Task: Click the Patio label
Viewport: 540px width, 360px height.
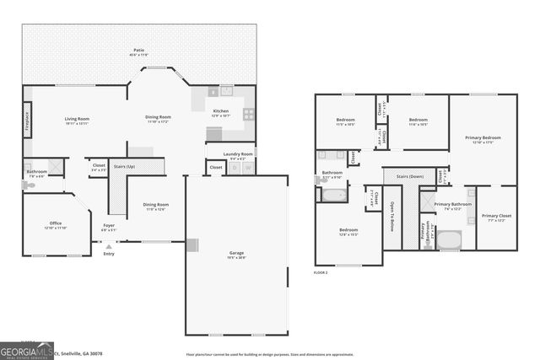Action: [139, 52]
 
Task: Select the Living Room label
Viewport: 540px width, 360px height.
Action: [77, 121]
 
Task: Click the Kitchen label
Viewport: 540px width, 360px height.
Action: [220, 112]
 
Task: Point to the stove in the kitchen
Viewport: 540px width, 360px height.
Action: [249, 113]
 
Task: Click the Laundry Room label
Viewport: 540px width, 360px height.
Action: [238, 155]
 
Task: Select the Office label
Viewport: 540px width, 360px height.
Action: [56, 224]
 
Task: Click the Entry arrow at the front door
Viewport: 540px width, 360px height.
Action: [108, 246]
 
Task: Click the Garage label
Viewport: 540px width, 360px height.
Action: [235, 255]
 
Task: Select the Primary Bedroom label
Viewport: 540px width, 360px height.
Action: [483, 138]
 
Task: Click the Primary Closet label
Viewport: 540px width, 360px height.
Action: [496, 217]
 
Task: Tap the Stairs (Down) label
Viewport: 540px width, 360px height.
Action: [408, 177]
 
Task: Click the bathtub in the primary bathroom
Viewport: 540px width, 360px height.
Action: [449, 240]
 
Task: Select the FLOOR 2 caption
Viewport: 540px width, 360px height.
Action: [321, 273]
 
